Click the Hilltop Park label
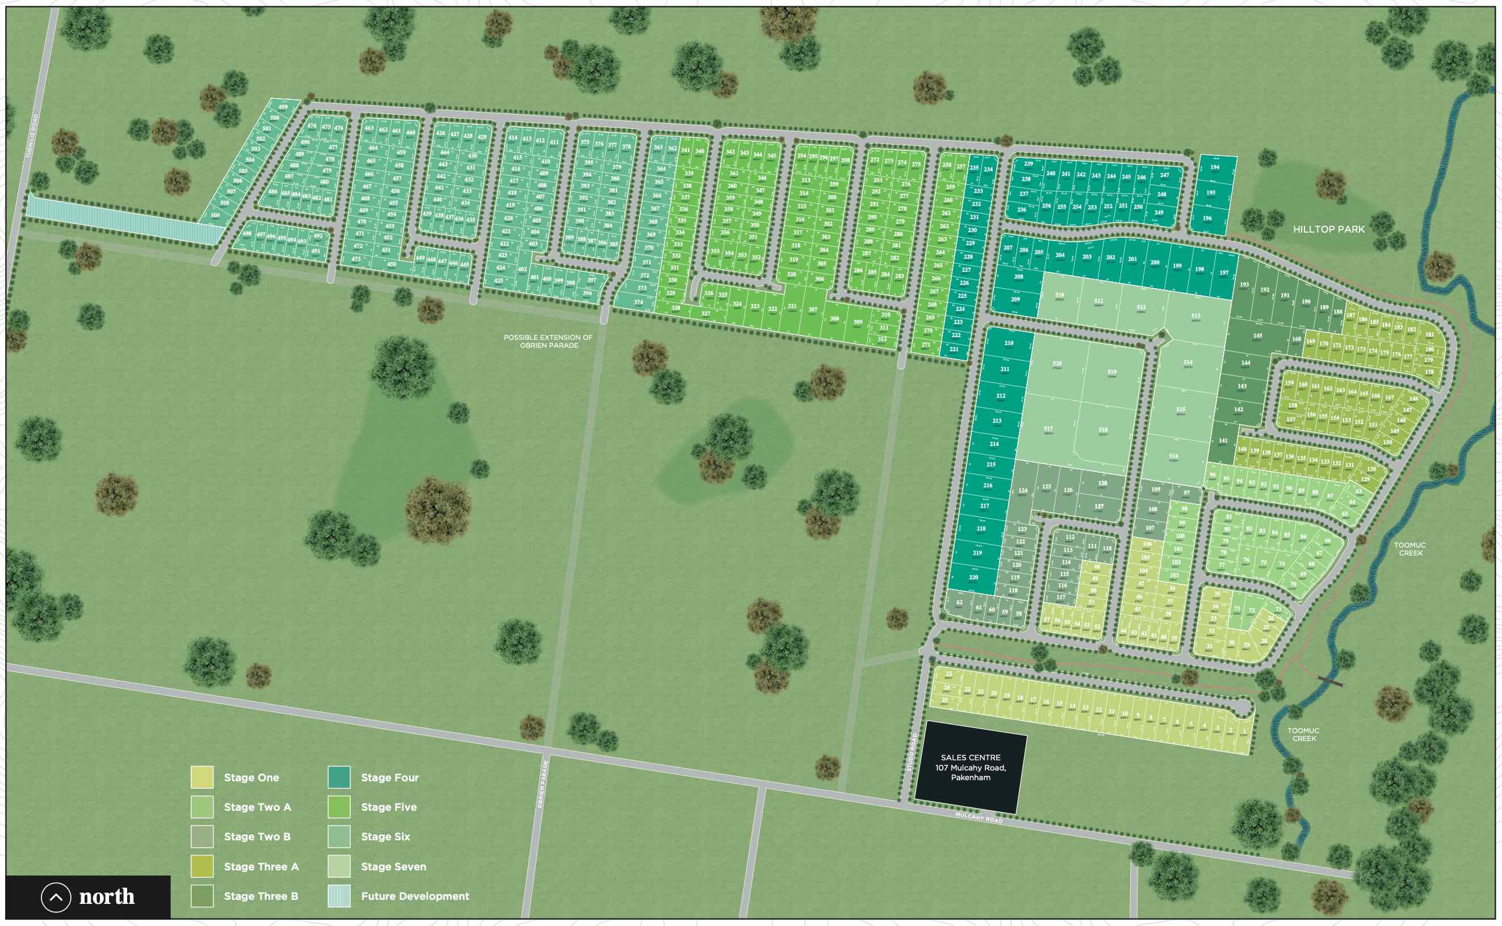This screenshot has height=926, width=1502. pos(1328,230)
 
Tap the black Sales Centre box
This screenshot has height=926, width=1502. pos(970,767)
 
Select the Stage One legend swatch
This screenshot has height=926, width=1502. pos(202,777)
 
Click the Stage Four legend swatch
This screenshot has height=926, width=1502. pos(339,777)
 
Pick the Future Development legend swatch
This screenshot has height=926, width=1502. pos(339,896)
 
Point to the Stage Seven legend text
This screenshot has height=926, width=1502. pos(393,866)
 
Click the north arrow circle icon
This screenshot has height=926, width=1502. pos(56,898)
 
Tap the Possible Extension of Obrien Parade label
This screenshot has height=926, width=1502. pos(548,341)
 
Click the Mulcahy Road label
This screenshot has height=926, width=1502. pos(978,818)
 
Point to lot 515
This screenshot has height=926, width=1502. pos(1180,410)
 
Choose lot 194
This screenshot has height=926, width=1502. pos(1215,168)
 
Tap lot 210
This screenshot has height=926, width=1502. pos(1008,344)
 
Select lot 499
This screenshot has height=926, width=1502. pos(283,107)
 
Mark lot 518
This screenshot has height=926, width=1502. pos(1102,431)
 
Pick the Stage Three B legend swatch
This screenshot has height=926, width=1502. pos(202,896)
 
